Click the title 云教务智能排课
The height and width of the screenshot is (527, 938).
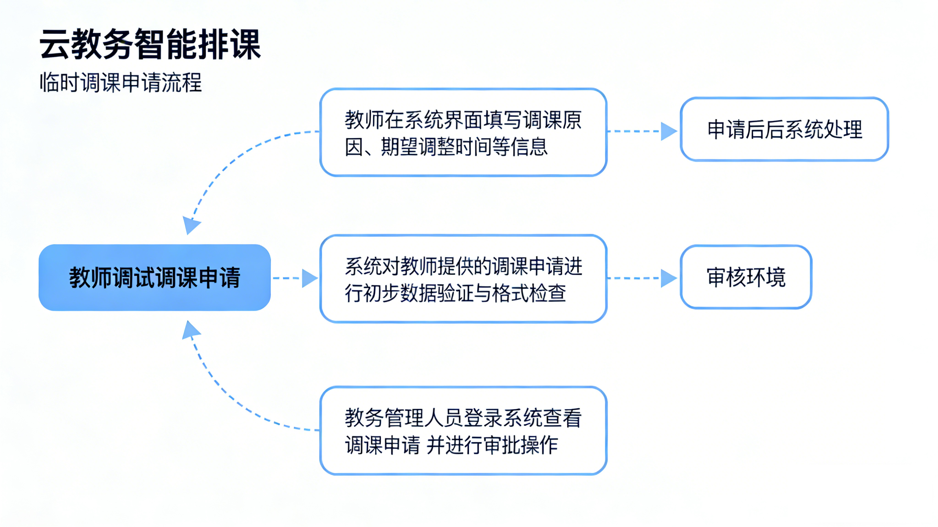[x=150, y=44]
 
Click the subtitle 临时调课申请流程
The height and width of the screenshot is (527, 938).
[x=121, y=82]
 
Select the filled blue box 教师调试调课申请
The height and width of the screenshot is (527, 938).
[x=154, y=277]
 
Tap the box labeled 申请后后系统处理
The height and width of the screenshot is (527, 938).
[x=784, y=129]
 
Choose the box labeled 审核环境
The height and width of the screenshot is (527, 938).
[x=746, y=277]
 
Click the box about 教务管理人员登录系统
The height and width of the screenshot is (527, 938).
[x=463, y=431]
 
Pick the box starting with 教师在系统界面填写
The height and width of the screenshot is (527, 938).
[x=463, y=133]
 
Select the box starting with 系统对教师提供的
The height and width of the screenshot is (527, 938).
[x=463, y=279]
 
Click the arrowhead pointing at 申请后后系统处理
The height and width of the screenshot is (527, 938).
[x=669, y=131]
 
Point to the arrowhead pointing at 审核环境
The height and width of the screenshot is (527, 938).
[x=669, y=278]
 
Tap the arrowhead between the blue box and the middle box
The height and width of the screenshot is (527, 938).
[x=310, y=278]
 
